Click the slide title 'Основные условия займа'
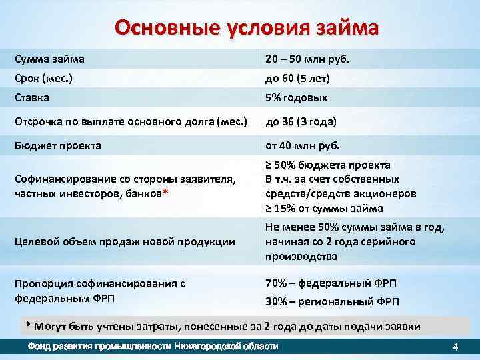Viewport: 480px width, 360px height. pos(247,29)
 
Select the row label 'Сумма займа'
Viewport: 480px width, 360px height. pos(50,59)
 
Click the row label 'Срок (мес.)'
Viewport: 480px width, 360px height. pos(44,78)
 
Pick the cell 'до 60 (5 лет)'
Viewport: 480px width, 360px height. pos(298,78)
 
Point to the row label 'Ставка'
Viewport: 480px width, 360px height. pos(33,97)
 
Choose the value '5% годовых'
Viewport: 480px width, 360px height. pos(297,97)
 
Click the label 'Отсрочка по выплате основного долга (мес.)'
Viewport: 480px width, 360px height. pos(131,122)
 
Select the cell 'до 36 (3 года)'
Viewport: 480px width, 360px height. pos(301,122)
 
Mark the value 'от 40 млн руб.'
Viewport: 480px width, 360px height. pos(303,146)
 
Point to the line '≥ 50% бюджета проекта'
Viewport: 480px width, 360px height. pos(328,165)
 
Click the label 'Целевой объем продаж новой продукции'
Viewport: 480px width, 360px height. pos(125,241)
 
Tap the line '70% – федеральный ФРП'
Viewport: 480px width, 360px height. pos(331,282)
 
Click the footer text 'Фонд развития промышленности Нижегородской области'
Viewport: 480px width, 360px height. pos(152,347)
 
